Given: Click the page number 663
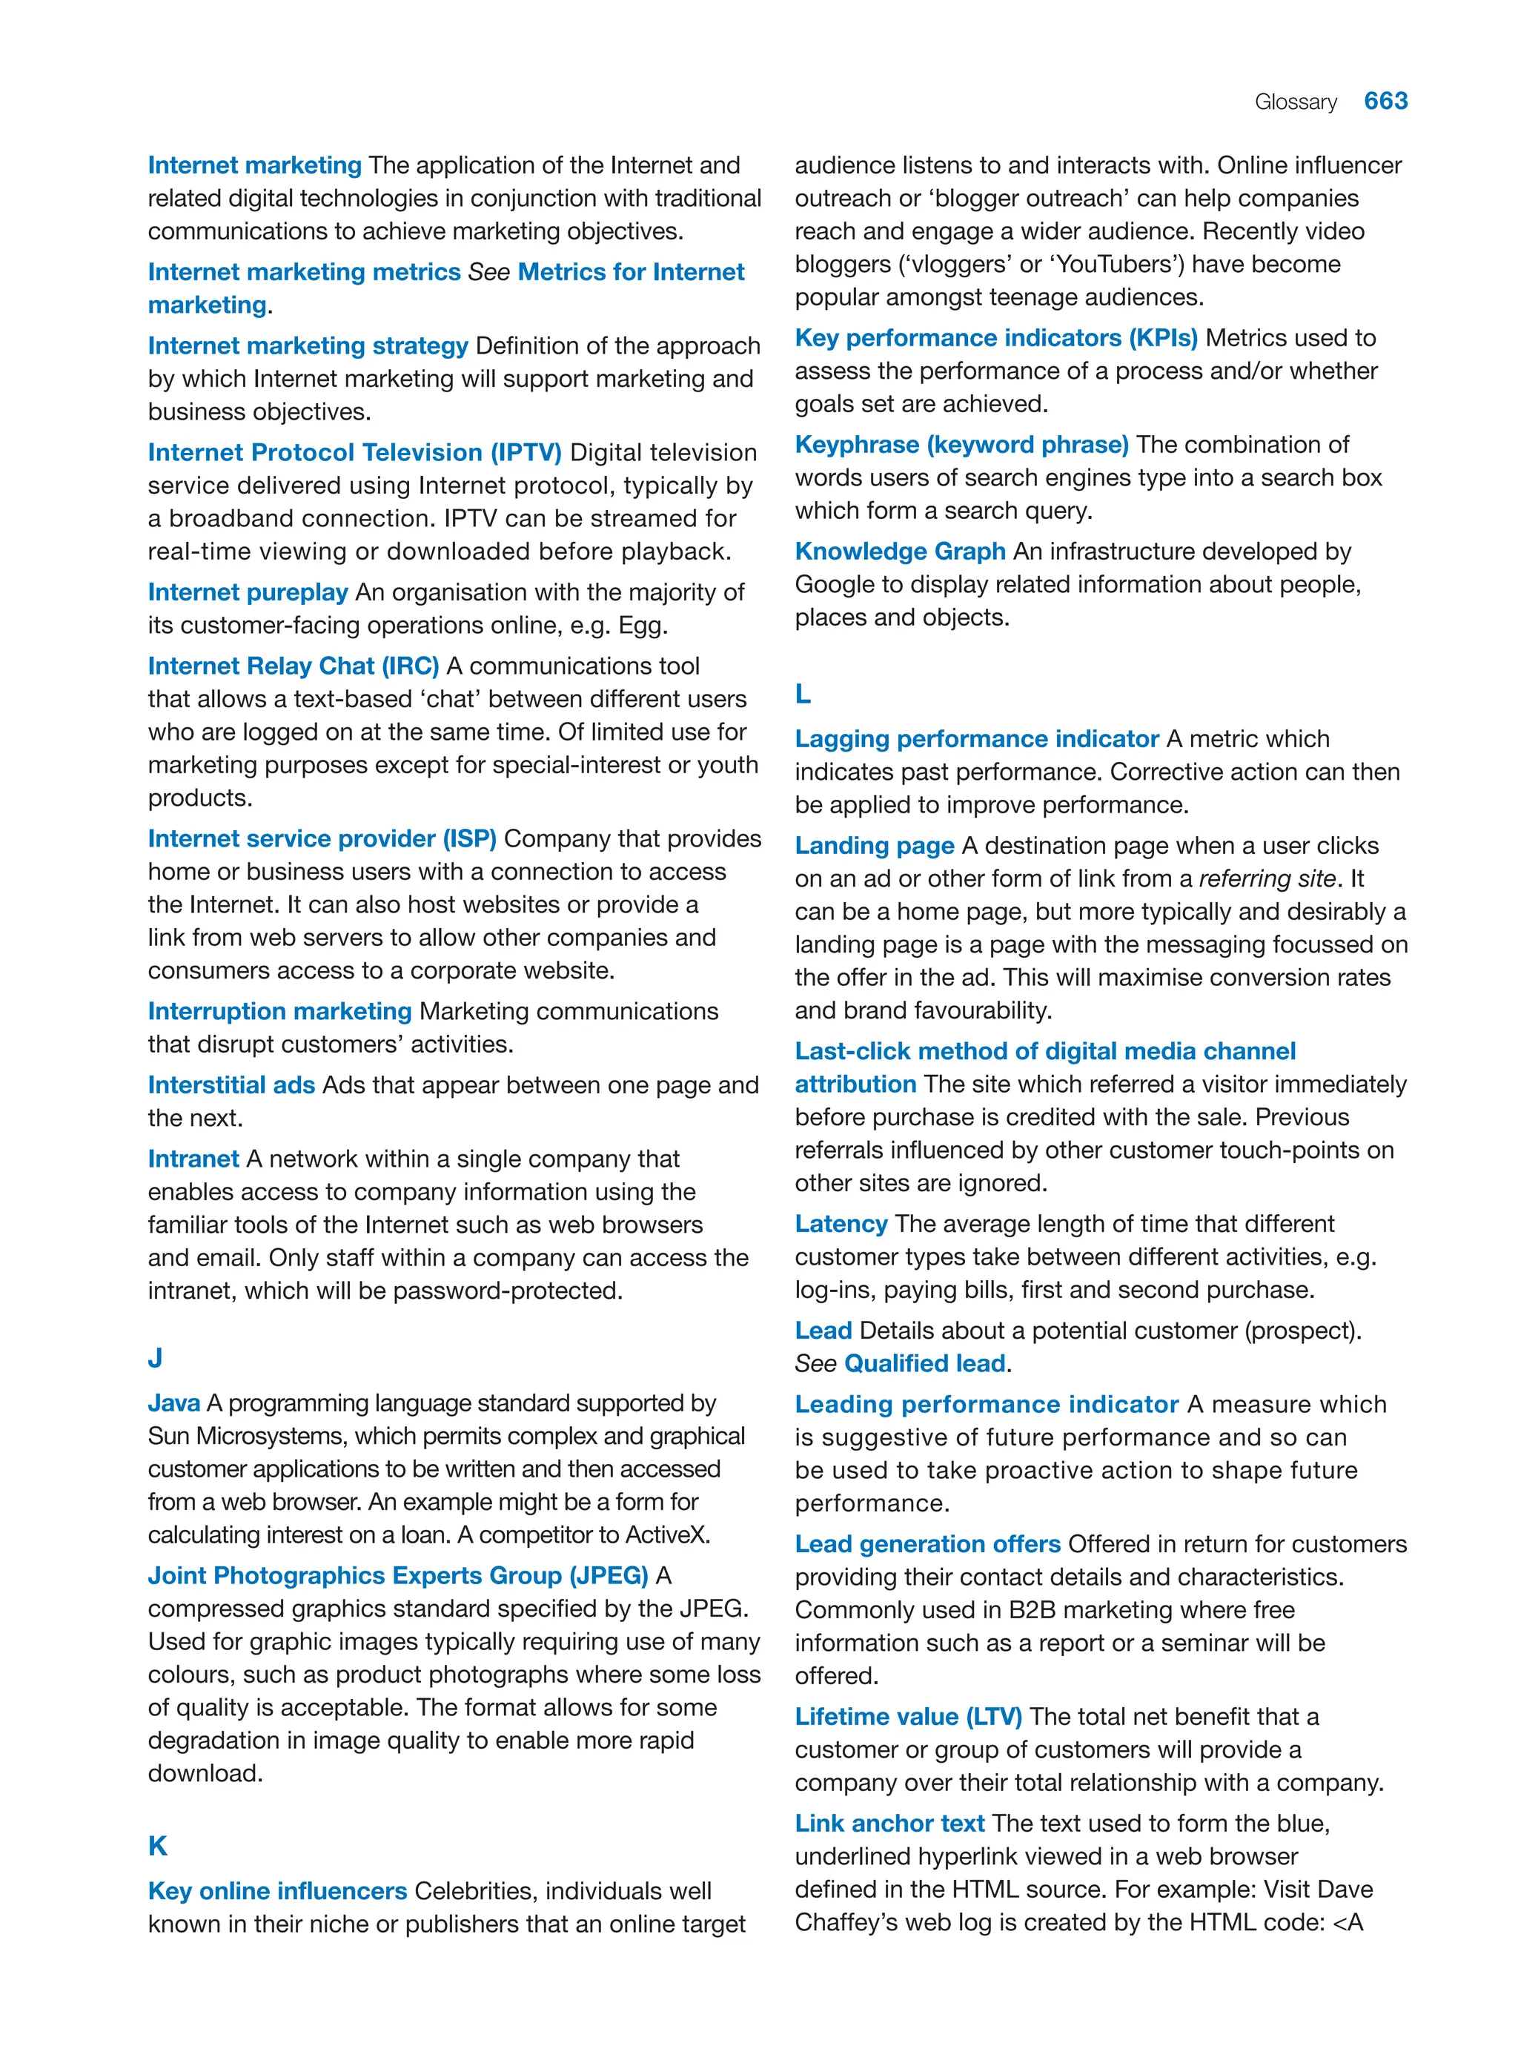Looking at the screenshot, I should pyautogui.click(x=1385, y=101).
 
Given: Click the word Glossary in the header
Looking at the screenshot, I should pyautogui.click(x=1295, y=102).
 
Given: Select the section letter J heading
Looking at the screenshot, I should pyautogui.click(x=156, y=1357).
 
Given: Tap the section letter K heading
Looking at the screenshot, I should pyautogui.click(x=157, y=1845).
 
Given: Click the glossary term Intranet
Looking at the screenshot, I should pyautogui.click(x=193, y=1159).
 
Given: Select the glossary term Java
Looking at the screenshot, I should pyautogui.click(x=173, y=1403).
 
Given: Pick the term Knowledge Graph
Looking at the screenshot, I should pyautogui.click(x=900, y=552).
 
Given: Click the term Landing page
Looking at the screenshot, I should pyautogui.click(x=874, y=845).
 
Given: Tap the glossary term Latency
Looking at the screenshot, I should pyautogui.click(x=841, y=1224).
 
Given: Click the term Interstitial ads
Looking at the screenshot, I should pyautogui.click(x=231, y=1085).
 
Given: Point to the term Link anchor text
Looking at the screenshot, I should pyautogui.click(x=889, y=1823).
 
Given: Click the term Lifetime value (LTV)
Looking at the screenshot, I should pyautogui.click(x=908, y=1717).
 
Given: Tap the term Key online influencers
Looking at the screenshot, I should pyautogui.click(x=276, y=1891).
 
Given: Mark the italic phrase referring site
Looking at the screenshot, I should pyautogui.click(x=1266, y=878).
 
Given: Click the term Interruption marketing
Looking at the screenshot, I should pyautogui.click(x=279, y=1012).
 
